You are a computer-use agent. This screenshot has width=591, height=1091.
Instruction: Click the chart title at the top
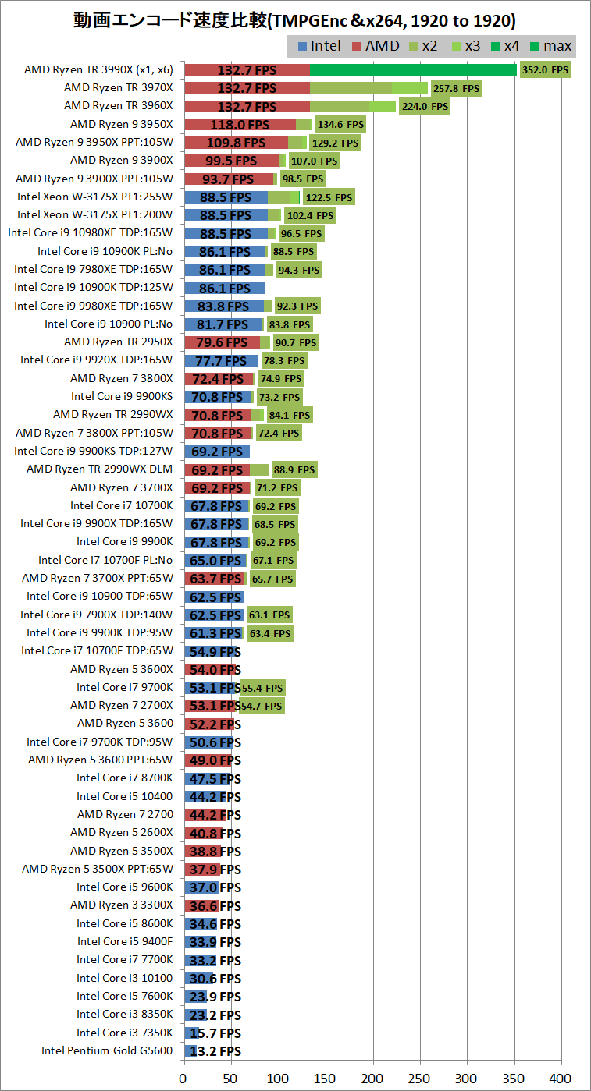[295, 19]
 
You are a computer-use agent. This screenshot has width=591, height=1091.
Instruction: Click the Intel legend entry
[319, 46]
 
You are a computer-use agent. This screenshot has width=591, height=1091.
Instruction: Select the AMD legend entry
[377, 46]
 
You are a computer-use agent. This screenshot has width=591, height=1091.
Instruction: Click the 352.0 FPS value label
[546, 69]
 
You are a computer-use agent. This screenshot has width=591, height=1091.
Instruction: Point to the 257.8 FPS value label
[457, 88]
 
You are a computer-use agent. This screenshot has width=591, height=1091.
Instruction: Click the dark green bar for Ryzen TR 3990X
[413, 69]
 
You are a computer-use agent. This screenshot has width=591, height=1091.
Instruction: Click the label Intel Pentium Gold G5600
[107, 1050]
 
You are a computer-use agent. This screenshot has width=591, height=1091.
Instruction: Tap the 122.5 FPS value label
[329, 197]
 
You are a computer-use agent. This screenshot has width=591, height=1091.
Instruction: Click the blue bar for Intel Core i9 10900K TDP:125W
[225, 288]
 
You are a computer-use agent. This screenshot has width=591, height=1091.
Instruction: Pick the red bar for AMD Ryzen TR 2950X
[222, 342]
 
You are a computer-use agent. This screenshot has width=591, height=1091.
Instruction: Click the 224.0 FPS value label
[425, 106]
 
